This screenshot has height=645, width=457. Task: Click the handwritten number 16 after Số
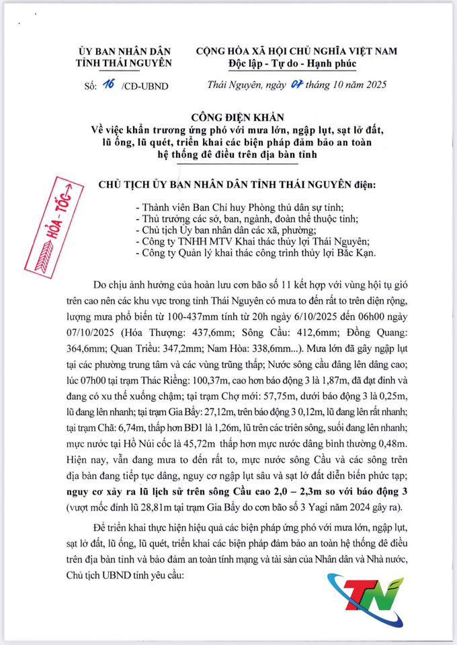click(x=106, y=85)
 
